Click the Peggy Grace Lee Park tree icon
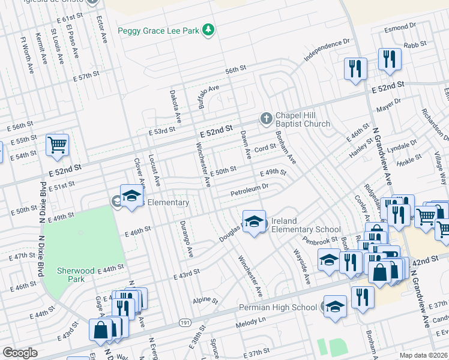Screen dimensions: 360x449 point(208,30)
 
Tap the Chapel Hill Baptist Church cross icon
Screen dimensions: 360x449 point(266,119)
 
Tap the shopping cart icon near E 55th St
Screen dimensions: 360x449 point(57,145)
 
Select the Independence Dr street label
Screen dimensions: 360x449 point(327,52)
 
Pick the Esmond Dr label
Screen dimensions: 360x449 point(400,28)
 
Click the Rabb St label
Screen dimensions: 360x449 point(415,44)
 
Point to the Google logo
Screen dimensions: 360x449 point(20,352)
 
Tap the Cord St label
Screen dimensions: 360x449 point(264,148)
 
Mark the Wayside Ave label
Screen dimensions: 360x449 point(300,265)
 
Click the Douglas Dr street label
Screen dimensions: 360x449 point(232,231)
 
